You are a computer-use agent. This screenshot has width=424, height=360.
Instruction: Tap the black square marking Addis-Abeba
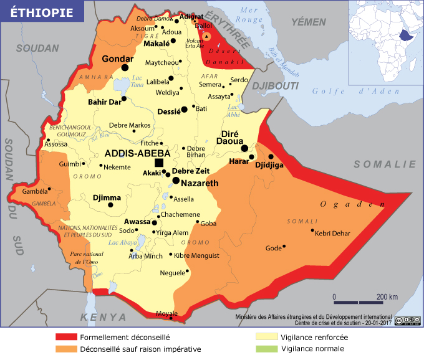tap(159, 163)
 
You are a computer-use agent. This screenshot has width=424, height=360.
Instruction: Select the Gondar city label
tap(115, 59)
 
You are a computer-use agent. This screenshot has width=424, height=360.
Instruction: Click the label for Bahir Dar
tap(104, 102)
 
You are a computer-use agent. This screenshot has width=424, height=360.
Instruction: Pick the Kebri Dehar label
tap(333, 234)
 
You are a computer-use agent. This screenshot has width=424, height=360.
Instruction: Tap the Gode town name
tap(274, 248)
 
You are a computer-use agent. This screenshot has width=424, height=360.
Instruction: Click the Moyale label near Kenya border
tap(166, 313)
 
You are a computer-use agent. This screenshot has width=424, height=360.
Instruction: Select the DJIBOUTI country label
tap(277, 85)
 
